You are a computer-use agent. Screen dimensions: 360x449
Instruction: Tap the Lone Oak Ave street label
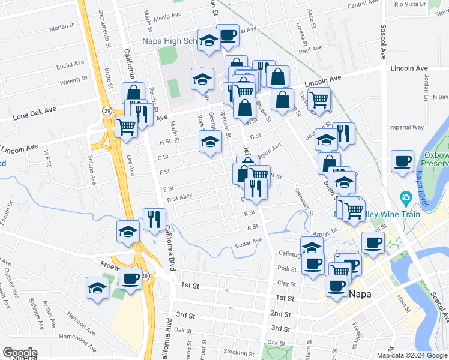pos(34,112)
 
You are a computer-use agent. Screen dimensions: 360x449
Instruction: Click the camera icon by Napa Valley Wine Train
pos(406,197)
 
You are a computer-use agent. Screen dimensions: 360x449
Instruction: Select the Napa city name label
pos(360,295)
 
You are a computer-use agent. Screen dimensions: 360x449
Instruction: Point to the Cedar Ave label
pos(249,242)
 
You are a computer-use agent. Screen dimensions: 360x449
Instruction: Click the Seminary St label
pos(303,202)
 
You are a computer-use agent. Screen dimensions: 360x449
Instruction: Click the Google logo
pos(20,353)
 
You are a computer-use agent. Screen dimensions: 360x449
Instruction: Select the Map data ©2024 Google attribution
pos(411,355)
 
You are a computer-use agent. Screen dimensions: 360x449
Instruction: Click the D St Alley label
pos(179,197)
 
